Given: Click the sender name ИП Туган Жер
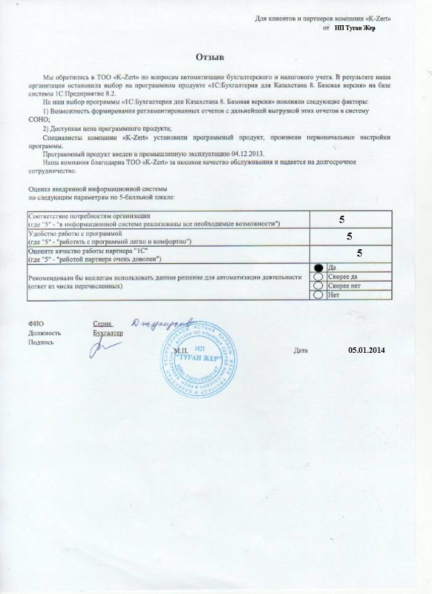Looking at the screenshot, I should click(x=355, y=28).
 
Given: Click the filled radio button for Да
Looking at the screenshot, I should click(x=318, y=268).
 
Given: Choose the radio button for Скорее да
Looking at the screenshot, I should click(x=318, y=277).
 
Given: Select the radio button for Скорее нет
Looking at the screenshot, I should click(x=318, y=286).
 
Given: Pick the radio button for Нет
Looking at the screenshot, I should click(x=318, y=295).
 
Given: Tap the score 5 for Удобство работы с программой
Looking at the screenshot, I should click(x=349, y=236).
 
